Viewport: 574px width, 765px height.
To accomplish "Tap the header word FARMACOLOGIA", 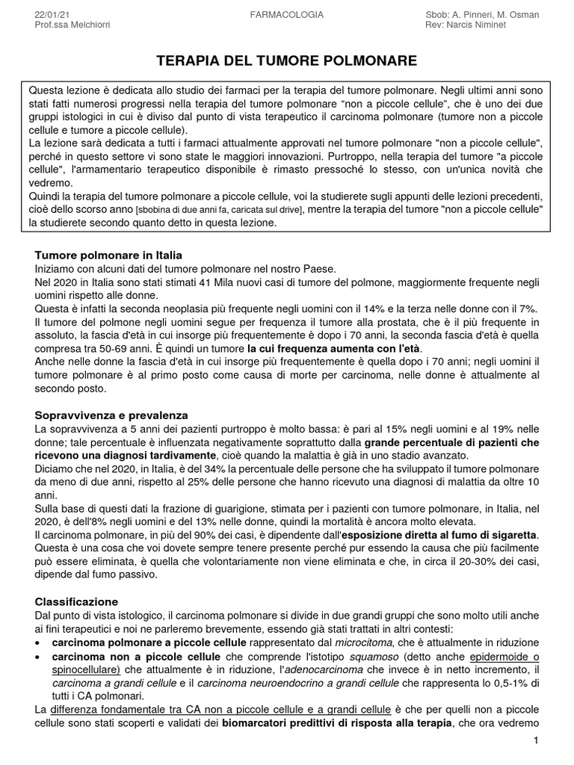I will pyautogui.click(x=286, y=14).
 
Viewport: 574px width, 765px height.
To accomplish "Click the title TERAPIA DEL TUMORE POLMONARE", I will pyautogui.click(x=286, y=60).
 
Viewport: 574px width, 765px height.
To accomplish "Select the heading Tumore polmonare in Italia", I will pyautogui.click(x=108, y=255).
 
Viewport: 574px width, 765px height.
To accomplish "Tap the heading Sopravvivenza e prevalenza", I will pyautogui.click(x=111, y=415).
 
